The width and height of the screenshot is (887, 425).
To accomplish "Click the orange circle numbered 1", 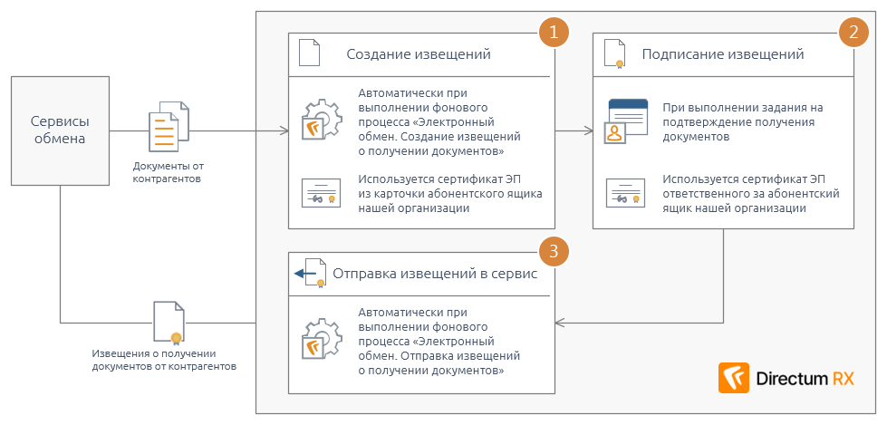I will click(x=553, y=34).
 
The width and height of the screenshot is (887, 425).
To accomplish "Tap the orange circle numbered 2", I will click(x=853, y=34).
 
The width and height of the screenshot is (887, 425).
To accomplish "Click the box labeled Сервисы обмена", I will click(x=60, y=130).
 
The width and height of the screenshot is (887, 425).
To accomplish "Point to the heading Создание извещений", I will click(x=419, y=54).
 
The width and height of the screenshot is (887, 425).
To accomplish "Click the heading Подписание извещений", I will click(x=723, y=54).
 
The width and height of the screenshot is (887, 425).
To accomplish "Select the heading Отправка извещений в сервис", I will click(x=435, y=273).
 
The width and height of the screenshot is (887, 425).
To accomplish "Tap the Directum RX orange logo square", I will click(x=733, y=378).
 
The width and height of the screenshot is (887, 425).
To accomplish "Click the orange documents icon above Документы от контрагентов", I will click(x=169, y=129).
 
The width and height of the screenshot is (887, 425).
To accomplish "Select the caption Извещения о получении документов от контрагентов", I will click(x=164, y=360).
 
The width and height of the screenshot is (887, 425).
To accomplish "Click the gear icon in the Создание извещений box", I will click(x=320, y=120).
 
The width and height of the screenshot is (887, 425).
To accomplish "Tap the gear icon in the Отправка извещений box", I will click(x=320, y=340).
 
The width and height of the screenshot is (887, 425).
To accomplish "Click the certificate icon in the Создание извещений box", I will click(x=320, y=194).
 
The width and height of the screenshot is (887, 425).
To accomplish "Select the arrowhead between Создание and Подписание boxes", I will click(x=588, y=131).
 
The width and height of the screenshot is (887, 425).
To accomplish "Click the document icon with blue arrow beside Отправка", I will click(x=310, y=273).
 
